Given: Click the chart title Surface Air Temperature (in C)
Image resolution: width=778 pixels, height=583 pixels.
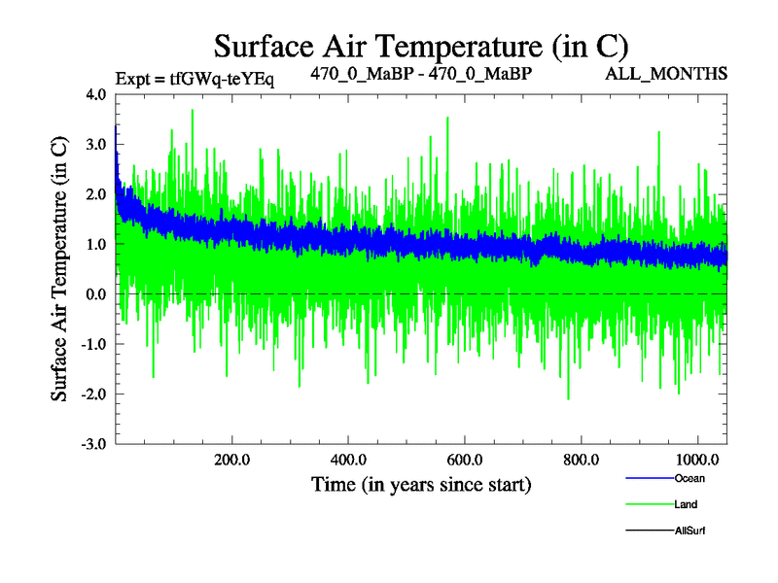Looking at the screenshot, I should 420,46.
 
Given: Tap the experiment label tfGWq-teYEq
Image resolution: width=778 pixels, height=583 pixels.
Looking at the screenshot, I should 194,78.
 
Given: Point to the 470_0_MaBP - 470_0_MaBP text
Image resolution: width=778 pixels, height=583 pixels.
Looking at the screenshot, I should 420,73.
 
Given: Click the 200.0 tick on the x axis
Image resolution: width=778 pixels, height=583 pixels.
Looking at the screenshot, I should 232,459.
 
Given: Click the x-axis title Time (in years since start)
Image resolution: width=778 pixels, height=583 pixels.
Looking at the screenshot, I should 420,483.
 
